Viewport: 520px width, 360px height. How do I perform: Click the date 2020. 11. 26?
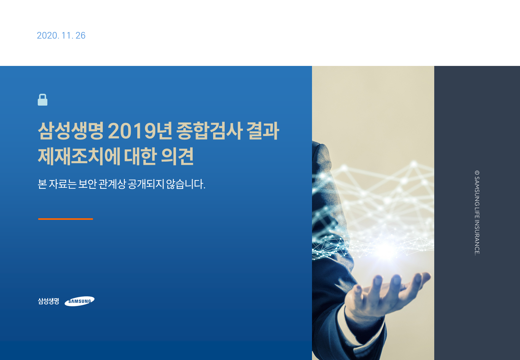(x=61, y=36)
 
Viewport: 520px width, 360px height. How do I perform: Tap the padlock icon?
(x=43, y=100)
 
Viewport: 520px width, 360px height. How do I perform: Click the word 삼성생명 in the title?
(x=71, y=131)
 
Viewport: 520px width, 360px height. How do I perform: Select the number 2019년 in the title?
(x=140, y=131)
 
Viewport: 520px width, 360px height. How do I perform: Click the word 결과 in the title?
(x=263, y=131)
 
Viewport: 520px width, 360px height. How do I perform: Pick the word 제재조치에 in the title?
(x=79, y=156)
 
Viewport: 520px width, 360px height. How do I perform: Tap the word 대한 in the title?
(x=140, y=156)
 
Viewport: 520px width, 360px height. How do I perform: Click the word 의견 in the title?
(x=177, y=156)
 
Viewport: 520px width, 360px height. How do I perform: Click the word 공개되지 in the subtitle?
(x=146, y=184)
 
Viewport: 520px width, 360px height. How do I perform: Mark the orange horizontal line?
(x=66, y=219)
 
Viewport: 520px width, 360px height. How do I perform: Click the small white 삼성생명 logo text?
(x=49, y=301)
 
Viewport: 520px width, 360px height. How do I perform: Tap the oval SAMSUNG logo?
(x=79, y=301)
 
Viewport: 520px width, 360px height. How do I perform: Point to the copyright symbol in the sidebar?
(x=477, y=173)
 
